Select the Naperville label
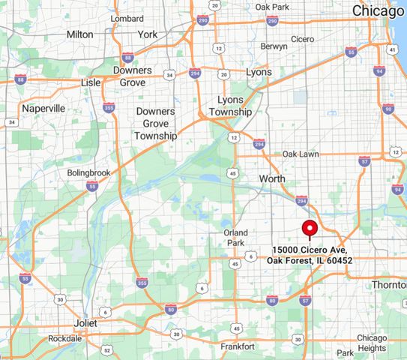tap(43, 108)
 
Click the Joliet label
tap(85, 322)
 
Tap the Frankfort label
tap(238, 346)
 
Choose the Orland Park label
tap(235, 238)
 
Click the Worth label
tap(272, 178)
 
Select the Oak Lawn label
tap(301, 154)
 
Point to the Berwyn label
tap(273, 46)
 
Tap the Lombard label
tap(127, 18)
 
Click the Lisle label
tap(91, 82)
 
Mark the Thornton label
tap(389, 285)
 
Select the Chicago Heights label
tap(372, 343)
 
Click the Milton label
tap(80, 34)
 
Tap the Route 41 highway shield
tap(392, 49)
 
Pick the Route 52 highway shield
tap(107, 350)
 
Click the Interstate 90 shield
tap(388, 109)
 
